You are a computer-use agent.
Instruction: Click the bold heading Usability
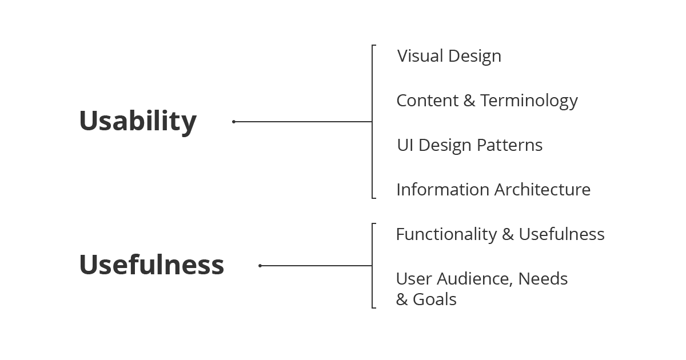138,122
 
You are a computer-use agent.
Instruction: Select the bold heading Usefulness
151,265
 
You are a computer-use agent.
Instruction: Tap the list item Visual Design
449,57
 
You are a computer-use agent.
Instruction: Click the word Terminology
529,101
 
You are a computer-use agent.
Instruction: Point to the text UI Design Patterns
470,145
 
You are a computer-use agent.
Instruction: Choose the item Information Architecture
493,190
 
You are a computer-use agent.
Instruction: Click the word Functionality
446,235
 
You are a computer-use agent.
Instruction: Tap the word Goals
434,299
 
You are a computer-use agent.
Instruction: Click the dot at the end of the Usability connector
234,122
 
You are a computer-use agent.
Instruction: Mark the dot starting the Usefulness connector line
260,266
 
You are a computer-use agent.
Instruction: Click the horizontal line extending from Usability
303,122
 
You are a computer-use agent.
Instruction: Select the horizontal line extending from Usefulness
316,266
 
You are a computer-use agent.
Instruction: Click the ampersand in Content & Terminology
469,101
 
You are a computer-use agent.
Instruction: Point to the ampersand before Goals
402,299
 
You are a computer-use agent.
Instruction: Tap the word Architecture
543,190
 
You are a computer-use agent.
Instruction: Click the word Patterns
509,145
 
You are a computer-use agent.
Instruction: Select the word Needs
543,279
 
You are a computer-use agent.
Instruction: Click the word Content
428,101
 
